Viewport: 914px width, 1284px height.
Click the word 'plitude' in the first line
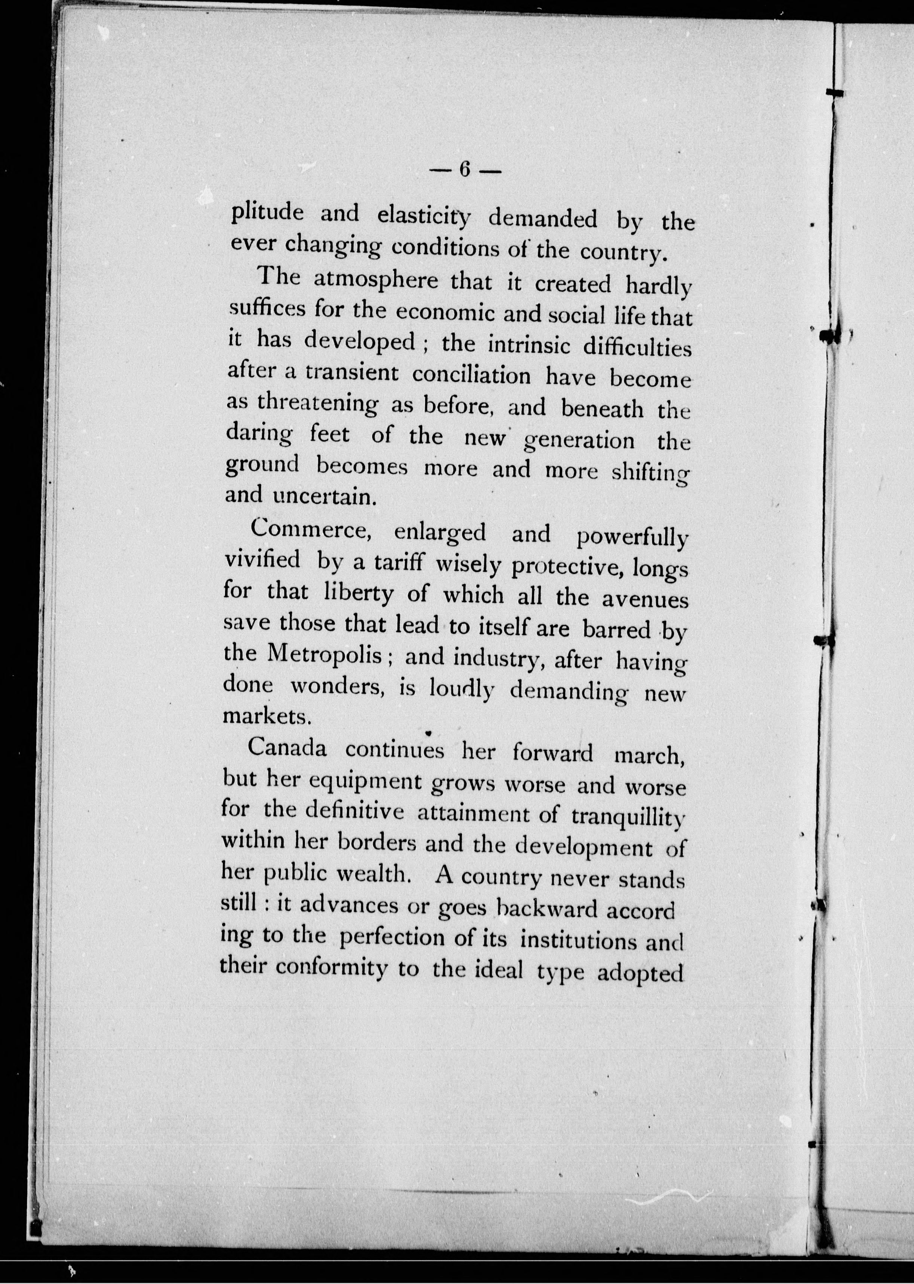268,213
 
